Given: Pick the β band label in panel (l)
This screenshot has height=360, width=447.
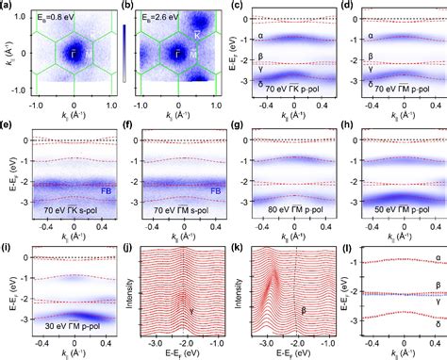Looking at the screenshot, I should [437, 284].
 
